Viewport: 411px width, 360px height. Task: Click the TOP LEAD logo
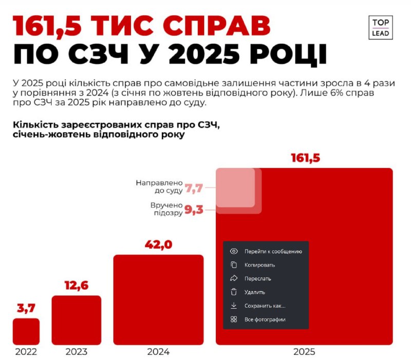coord(381,28)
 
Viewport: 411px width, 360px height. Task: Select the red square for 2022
coord(26,331)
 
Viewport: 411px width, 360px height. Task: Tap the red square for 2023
coord(77,319)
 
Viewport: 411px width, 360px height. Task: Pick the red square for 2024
coord(158,299)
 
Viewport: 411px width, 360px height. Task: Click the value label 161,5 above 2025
coord(305,158)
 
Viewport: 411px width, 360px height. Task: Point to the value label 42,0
coord(158,244)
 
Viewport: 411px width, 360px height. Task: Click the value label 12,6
coord(77,285)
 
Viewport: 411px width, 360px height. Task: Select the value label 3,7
coord(26,308)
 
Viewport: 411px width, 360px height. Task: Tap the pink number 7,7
coord(194,188)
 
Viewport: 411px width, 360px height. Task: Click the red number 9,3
coord(194,209)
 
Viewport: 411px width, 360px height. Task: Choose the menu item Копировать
coord(259,265)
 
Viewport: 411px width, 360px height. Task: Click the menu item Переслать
coord(257,278)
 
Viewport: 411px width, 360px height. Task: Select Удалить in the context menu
coord(254,292)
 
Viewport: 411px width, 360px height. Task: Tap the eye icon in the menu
coord(234,251)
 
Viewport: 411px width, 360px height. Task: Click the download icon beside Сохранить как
coord(234,306)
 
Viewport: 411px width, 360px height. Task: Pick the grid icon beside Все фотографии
coord(234,319)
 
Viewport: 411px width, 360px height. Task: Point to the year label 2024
coord(158,352)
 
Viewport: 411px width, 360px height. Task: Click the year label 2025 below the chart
coord(305,352)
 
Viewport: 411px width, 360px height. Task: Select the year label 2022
coord(26,352)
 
